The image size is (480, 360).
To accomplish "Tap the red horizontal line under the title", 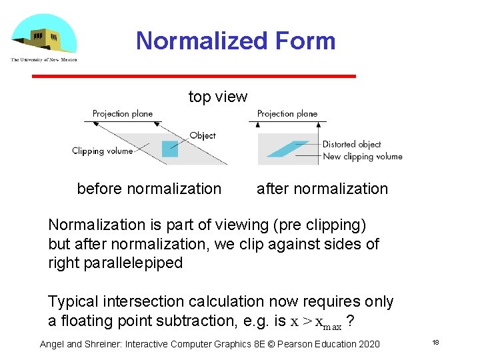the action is point(194,77).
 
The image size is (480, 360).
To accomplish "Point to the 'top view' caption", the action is point(218,97).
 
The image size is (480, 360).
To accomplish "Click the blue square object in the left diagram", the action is point(170,147).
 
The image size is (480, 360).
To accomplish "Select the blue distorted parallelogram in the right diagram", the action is point(287,148).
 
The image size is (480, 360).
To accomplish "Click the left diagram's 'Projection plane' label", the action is point(123,114).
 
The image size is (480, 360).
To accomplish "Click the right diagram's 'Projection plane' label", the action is point(287,114).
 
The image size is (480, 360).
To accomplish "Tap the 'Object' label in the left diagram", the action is point(203,135).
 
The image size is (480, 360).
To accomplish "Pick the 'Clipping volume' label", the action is point(103,151).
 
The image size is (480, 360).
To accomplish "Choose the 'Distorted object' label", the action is point(351,144).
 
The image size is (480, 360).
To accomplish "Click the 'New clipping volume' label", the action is point(363,157).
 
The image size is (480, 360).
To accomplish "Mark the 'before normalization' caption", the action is point(149,189).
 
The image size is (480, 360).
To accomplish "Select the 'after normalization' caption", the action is point(322,189).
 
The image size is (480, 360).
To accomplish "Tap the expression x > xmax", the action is point(316,322).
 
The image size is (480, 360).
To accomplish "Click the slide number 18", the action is point(435,343).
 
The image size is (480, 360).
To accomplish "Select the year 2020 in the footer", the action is point(367,344).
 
